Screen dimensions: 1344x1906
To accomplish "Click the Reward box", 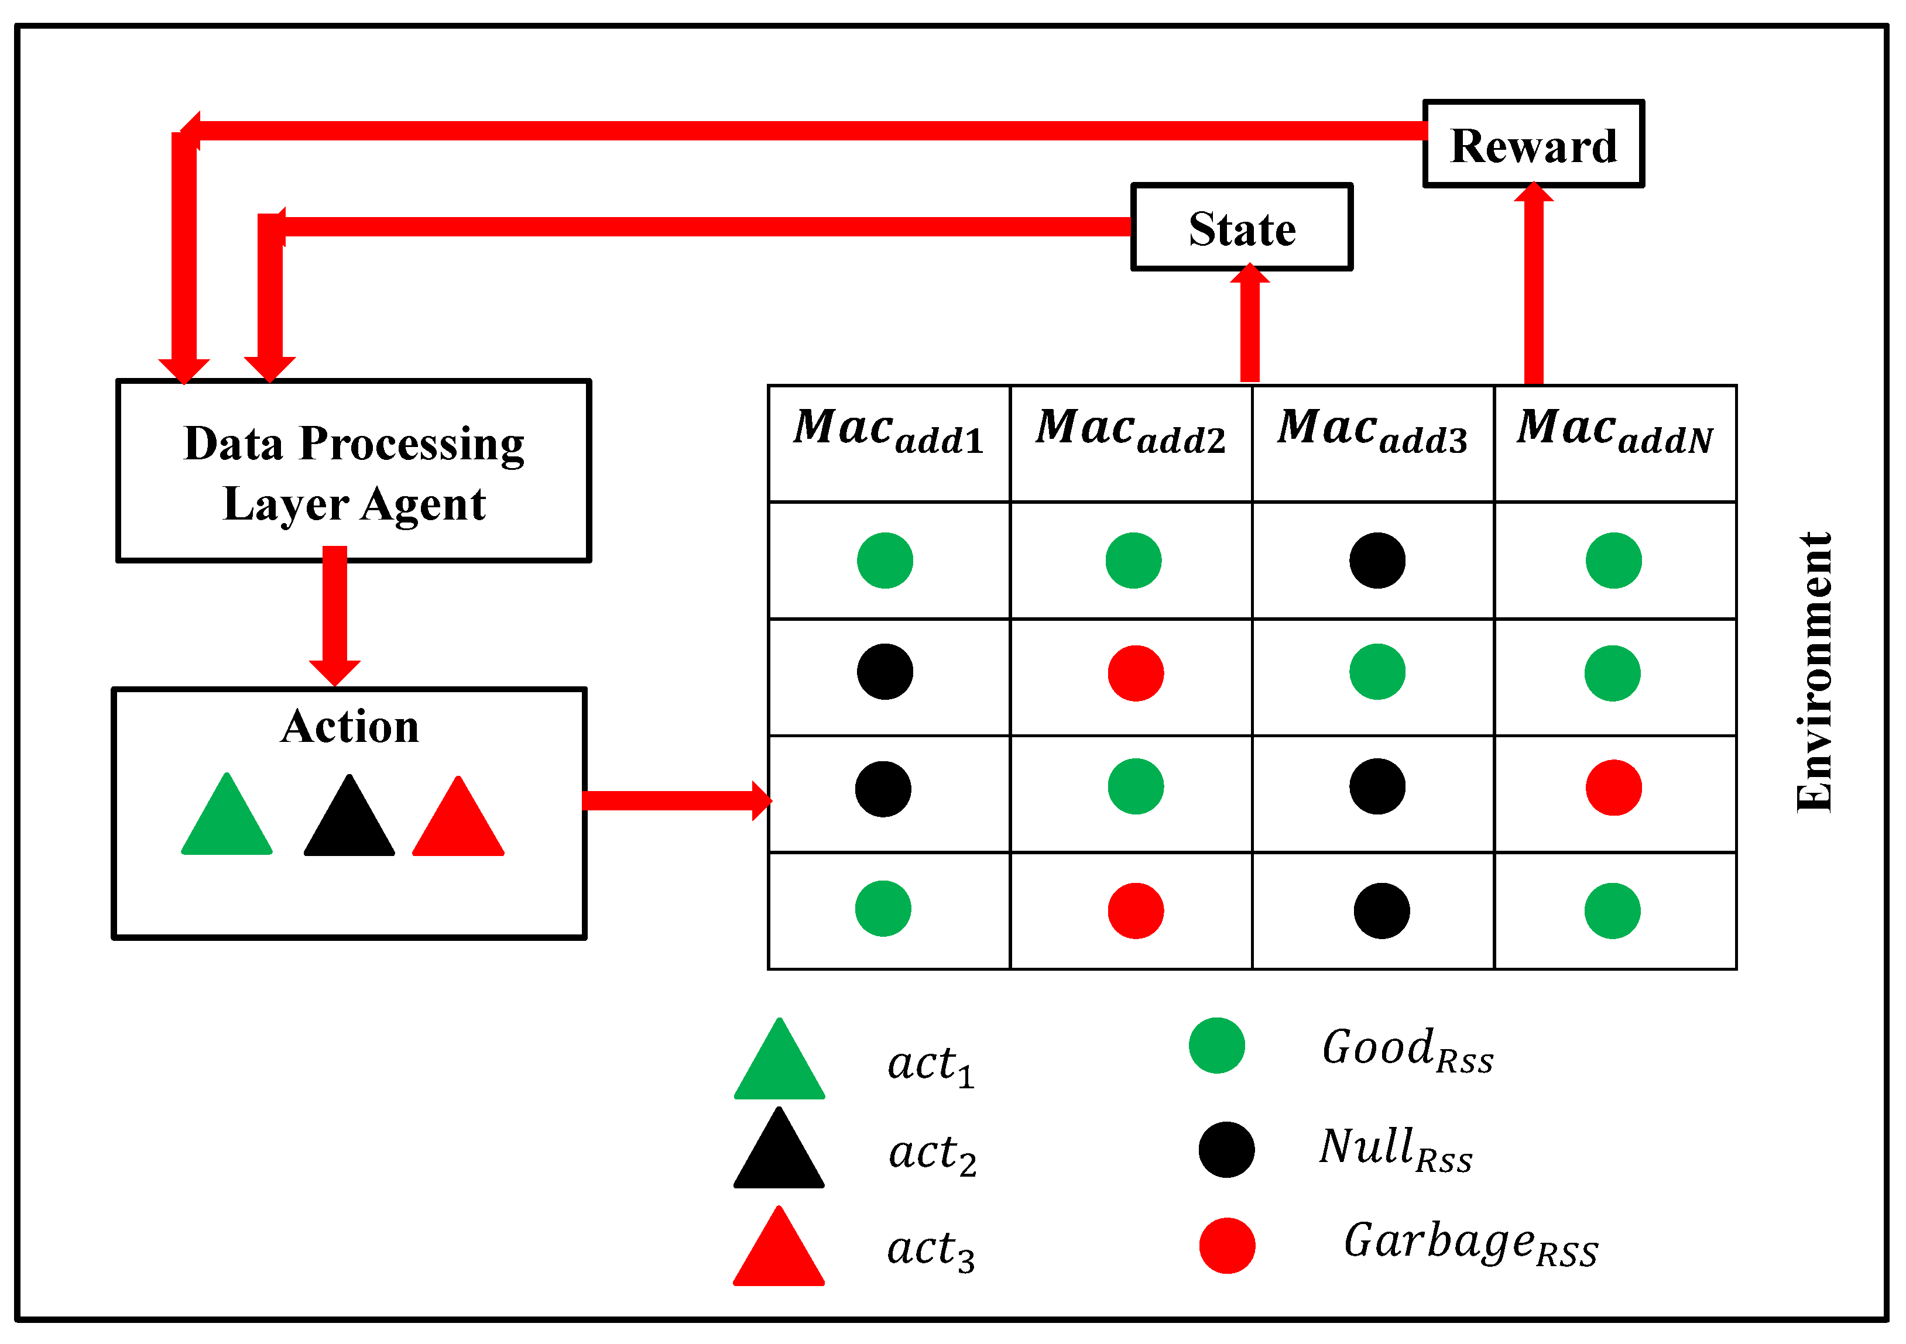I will pyautogui.click(x=1533, y=145).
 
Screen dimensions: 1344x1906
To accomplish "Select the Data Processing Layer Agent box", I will pyautogui.click(x=354, y=471).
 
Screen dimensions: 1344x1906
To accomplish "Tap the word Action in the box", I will pyautogui.click(x=349, y=727).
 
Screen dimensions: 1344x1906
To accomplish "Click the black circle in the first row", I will pyautogui.click(x=1377, y=561).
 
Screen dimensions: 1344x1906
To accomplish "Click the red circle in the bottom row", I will pyautogui.click(x=1136, y=911).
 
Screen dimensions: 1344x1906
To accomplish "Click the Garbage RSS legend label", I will pyautogui.click(x=1470, y=1245).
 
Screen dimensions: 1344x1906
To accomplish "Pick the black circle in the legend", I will pyautogui.click(x=1226, y=1150).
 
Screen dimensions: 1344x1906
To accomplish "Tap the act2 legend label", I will pyautogui.click(x=931, y=1154).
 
